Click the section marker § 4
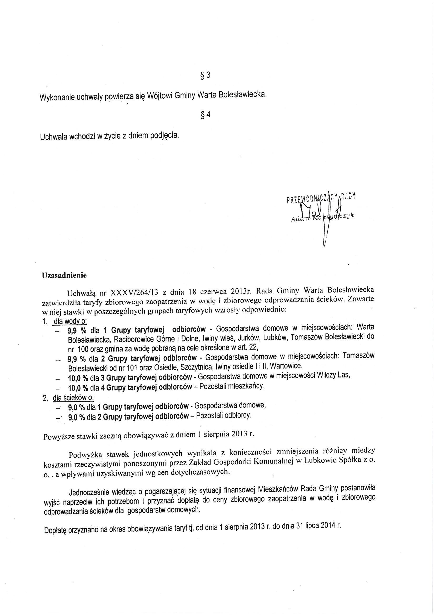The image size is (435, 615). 206,114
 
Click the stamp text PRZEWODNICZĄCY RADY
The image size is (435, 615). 321,199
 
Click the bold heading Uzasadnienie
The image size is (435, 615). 64,275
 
